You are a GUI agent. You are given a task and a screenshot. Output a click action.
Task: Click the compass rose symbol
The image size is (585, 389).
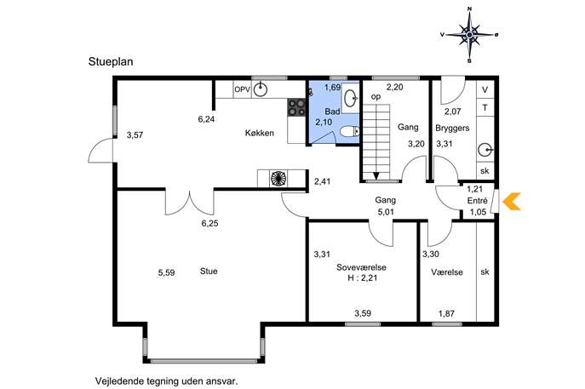click(469, 35)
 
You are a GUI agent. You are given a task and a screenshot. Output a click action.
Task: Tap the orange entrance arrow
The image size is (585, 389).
click(512, 202)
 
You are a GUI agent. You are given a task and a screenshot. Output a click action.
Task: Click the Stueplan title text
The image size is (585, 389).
click(111, 61)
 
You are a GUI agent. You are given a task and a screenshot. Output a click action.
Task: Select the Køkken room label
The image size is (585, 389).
click(260, 133)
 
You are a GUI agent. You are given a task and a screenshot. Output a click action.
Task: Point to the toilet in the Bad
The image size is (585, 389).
click(350, 131)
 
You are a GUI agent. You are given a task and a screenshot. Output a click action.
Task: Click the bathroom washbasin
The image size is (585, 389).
click(350, 98)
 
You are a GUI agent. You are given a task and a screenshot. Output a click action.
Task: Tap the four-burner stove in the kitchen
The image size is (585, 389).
click(296, 107)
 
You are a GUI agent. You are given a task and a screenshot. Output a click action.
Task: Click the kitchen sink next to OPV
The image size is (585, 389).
click(261, 89)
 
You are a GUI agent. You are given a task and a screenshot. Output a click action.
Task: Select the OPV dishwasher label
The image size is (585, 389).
click(242, 89)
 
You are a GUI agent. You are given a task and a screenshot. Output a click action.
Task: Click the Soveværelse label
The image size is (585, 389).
click(361, 267)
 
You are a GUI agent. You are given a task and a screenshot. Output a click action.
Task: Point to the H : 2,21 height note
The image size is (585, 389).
click(363, 277)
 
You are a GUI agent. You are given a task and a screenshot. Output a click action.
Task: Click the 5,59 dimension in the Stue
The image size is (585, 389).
click(166, 273)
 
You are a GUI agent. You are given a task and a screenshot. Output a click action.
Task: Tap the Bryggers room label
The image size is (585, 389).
click(452, 129)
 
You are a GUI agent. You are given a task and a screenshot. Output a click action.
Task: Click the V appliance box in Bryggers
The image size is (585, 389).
click(485, 89)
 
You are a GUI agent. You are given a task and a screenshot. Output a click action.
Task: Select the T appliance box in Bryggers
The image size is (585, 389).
click(485, 108)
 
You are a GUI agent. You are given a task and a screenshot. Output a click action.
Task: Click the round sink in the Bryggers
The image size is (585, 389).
click(485, 151)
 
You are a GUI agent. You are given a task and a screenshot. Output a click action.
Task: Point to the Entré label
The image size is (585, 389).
click(477, 201)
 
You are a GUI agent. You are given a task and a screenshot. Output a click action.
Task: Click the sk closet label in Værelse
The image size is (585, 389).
click(485, 272)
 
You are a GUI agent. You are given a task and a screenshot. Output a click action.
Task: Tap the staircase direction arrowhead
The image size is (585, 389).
click(376, 176)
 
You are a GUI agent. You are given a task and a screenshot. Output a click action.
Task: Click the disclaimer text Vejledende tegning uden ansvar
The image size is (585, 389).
click(166, 381)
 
